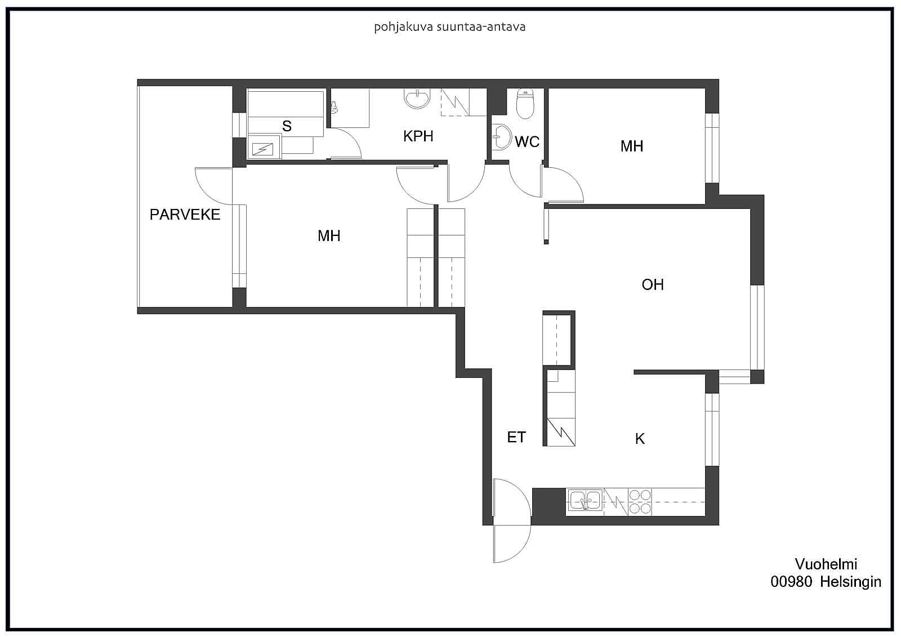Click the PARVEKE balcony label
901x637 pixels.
pyautogui.click(x=185, y=215)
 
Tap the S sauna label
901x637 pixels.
pyautogui.click(x=287, y=126)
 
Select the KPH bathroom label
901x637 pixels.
pyautogui.click(x=418, y=136)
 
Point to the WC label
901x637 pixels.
pyautogui.click(x=527, y=141)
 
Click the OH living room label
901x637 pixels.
pyautogui.click(x=653, y=285)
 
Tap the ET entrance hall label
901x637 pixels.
pyautogui.click(x=516, y=438)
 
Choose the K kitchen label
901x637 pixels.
pyautogui.click(x=640, y=439)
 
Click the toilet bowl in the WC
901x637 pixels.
pyautogui.click(x=525, y=104)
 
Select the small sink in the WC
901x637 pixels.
pyautogui.click(x=502, y=137)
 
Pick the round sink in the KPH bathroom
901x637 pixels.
pyautogui.click(x=417, y=99)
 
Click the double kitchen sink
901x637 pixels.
pyautogui.click(x=585, y=501)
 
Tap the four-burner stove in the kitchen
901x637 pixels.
pyautogui.click(x=640, y=502)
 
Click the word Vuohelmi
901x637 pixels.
pyautogui.click(x=826, y=564)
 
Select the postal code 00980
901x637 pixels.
pyautogui.click(x=791, y=582)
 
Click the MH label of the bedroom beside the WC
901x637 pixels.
pyautogui.click(x=632, y=146)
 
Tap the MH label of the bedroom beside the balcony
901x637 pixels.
pyautogui.click(x=329, y=236)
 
